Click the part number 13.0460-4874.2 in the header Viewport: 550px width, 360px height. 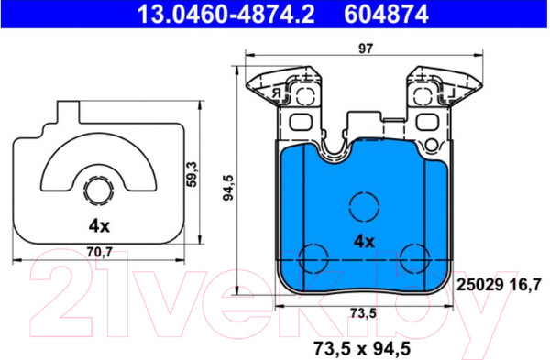point(225,14)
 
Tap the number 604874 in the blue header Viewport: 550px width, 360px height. point(386,14)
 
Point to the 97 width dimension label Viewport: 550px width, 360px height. point(366,49)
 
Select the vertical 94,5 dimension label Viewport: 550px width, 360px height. point(228,188)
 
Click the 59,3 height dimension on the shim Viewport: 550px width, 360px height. point(192,174)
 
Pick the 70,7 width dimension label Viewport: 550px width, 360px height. point(100,251)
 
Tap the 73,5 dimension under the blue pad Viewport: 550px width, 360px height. point(363,313)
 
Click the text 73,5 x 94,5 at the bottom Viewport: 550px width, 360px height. point(362,348)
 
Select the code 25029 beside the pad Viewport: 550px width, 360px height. point(479,285)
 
